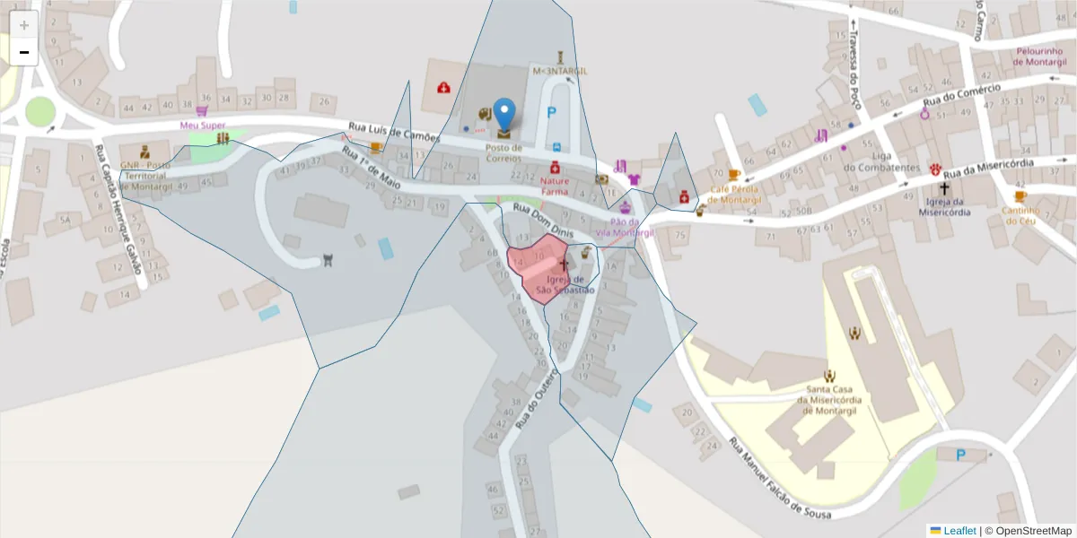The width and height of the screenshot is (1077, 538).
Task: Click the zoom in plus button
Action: click(24, 25)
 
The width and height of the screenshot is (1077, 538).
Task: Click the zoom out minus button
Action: click(24, 52)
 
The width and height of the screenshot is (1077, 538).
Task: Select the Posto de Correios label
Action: click(503, 152)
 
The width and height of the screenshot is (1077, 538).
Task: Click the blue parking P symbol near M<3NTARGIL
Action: click(552, 113)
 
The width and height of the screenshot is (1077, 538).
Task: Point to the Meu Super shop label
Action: click(203, 125)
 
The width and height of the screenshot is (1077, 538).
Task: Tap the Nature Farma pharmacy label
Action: click(555, 186)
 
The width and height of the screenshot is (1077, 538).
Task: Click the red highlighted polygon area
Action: click(533, 269)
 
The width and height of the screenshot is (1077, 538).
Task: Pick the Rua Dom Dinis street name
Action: click(542, 220)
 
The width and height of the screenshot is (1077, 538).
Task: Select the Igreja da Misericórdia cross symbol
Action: click(943, 189)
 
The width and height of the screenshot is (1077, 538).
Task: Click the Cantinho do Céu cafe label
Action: click(1020, 216)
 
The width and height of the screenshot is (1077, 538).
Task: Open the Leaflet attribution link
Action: click(959, 531)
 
